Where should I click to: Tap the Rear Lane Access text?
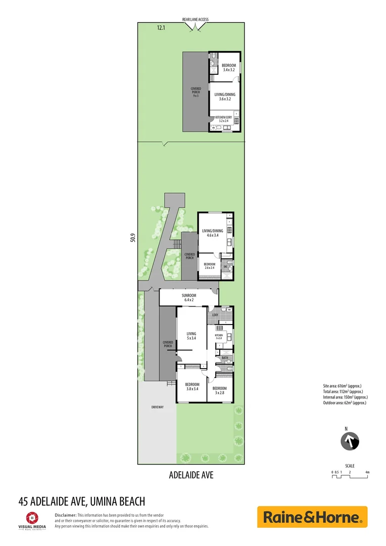[x=195, y=20]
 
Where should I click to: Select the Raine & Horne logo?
[x=312, y=517]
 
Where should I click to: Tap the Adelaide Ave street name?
[x=191, y=475]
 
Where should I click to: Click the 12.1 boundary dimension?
[x=161, y=28]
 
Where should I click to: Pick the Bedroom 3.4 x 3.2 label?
[x=229, y=68]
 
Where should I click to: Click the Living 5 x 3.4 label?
[x=191, y=336]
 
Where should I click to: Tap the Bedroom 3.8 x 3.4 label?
[x=192, y=386]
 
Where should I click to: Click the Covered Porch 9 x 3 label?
[x=196, y=92]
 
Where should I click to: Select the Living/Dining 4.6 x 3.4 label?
[x=212, y=233]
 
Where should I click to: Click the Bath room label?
[x=225, y=358]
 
